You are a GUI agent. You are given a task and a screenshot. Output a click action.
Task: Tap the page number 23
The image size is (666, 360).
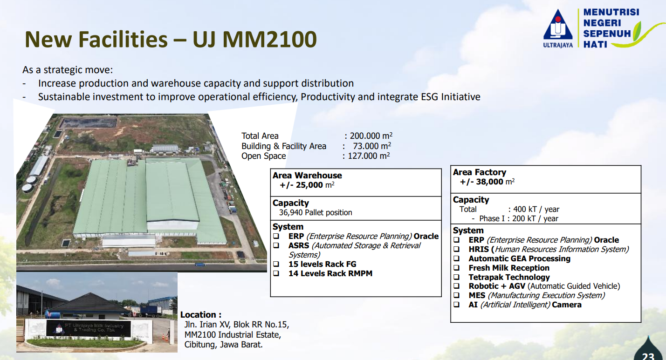tap(648, 356)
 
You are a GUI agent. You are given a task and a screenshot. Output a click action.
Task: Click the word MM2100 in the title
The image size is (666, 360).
tap(269, 39)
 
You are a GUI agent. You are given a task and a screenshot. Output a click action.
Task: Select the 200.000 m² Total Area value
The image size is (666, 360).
tap(371, 136)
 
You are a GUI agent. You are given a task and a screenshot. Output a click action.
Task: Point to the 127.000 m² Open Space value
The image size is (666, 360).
tap(369, 156)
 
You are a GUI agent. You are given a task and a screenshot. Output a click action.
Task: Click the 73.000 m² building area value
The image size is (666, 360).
tap(371, 146)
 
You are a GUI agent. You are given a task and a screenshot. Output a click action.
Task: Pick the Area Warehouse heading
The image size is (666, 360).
tap(307, 175)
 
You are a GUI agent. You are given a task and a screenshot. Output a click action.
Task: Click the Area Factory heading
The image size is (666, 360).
tap(479, 172)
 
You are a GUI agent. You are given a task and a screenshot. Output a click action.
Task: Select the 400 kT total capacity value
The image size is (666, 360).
tap(525, 209)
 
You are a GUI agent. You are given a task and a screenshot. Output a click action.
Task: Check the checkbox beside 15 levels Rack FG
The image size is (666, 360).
tap(276, 264)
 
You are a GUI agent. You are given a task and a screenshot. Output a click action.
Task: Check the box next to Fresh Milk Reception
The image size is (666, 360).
tap(456, 268)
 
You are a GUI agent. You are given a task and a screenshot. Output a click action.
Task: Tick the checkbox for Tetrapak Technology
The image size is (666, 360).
tap(456, 277)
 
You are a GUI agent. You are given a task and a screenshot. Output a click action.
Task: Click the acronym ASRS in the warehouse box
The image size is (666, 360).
tap(299, 245)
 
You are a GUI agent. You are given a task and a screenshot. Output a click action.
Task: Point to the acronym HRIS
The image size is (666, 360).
tap(479, 249)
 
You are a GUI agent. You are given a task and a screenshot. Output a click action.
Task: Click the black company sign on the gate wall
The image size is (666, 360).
tap(88, 328)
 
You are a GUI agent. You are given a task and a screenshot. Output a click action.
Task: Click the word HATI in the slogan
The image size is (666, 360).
tap(595, 44)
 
